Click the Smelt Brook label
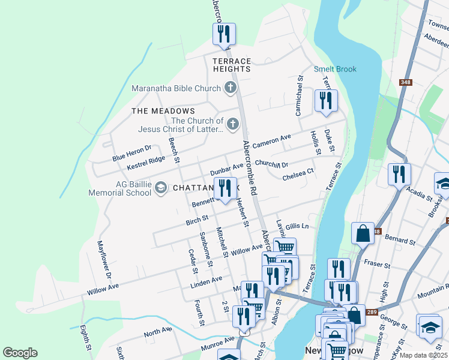point(336,69)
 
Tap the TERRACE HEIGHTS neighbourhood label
point(231,65)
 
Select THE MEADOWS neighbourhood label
point(163,111)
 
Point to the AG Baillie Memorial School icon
point(160,188)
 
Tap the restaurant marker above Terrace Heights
point(224,34)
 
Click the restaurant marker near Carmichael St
point(326,101)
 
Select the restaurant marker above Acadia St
point(399,175)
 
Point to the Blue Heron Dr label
point(131,153)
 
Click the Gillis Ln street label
point(297,226)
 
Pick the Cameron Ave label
point(271,142)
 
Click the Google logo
point(20,353)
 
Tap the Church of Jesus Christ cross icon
point(232,125)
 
